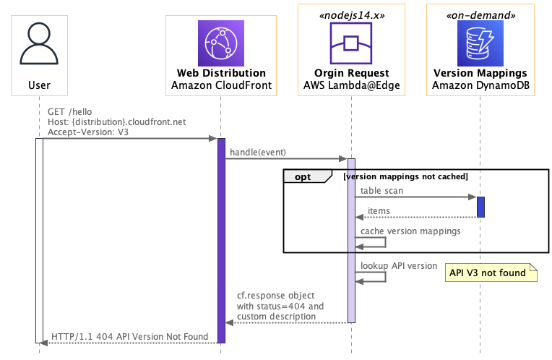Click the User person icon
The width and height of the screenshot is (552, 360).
(x=39, y=43)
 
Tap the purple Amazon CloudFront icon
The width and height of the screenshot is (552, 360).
(x=221, y=43)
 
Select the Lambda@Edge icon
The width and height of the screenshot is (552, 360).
(x=351, y=43)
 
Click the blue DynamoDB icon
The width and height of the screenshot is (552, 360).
(x=480, y=43)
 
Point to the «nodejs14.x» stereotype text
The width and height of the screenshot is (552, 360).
(x=352, y=15)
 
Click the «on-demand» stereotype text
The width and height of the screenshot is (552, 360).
(x=480, y=15)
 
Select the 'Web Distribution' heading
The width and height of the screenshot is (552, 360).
(x=221, y=73)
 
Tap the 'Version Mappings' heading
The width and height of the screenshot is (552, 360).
(x=480, y=73)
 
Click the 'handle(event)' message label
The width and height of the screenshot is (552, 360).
(x=258, y=153)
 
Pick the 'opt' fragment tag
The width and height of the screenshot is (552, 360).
(x=303, y=177)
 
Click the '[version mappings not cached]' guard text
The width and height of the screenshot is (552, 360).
(x=405, y=176)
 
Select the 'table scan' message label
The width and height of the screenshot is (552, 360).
(x=381, y=191)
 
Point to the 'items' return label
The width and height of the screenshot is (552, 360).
(x=379, y=210)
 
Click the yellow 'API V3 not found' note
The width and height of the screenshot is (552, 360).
(x=491, y=273)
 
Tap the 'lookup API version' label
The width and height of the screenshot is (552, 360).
(x=399, y=265)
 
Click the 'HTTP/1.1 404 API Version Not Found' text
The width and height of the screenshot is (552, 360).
(x=129, y=337)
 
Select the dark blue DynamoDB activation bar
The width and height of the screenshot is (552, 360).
(x=480, y=207)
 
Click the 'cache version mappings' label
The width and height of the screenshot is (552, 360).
(x=410, y=231)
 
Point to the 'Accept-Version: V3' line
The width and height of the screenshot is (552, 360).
(x=88, y=132)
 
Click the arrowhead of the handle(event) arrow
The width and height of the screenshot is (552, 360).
(x=343, y=159)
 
